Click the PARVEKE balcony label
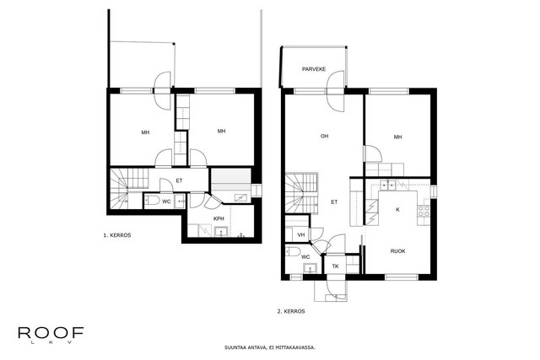(x=314, y=69)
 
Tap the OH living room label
(x=324, y=137)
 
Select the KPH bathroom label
(x=219, y=218)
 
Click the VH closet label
(x=301, y=235)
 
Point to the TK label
(x=336, y=266)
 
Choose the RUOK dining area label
(x=397, y=251)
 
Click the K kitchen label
(x=397, y=210)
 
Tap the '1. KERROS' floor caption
(x=117, y=235)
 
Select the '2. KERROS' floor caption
(x=291, y=311)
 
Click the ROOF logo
(x=51, y=335)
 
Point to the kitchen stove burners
(x=424, y=211)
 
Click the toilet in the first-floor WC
(x=152, y=201)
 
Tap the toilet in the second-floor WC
(x=293, y=251)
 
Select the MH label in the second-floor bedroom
(x=397, y=137)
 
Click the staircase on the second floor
(x=302, y=193)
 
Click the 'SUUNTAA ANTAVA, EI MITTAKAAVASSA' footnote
(x=270, y=347)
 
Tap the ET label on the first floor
(x=179, y=180)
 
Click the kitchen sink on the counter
(x=388, y=185)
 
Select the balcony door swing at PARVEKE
(x=336, y=91)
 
